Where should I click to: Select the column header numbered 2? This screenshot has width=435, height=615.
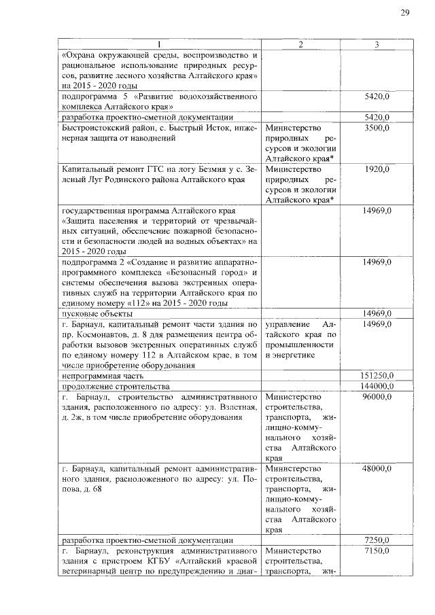pos(302,44)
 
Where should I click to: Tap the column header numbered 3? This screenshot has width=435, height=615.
pos(377,44)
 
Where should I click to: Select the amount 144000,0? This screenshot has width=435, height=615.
pos(375,385)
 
